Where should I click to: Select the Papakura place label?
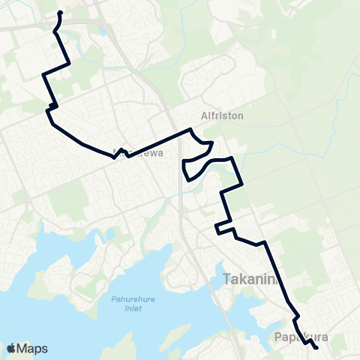[302, 337]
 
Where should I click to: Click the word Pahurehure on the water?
[132, 300]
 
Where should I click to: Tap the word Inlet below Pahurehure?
[132, 308]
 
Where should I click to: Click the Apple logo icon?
[11, 348]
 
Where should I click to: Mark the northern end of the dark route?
[59, 13]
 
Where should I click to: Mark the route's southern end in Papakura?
[316, 347]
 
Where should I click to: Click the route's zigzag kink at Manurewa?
[118, 150]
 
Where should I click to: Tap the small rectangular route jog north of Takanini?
[223, 227]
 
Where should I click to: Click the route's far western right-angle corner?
[43, 75]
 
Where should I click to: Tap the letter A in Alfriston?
[205, 116]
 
